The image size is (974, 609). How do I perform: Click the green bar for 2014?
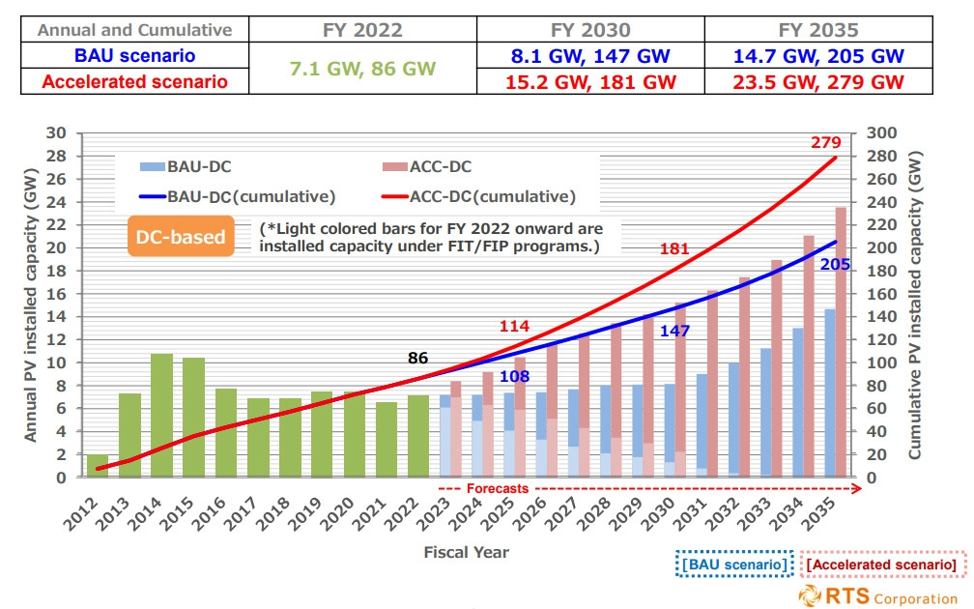(161, 416)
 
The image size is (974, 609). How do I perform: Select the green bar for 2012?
(98, 466)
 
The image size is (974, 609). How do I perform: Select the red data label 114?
(515, 326)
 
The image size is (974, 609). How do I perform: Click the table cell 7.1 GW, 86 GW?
(362, 69)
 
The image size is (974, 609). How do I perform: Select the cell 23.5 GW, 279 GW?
(818, 81)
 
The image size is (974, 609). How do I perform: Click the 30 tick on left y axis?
(62, 134)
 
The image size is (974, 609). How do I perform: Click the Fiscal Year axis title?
(466, 552)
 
